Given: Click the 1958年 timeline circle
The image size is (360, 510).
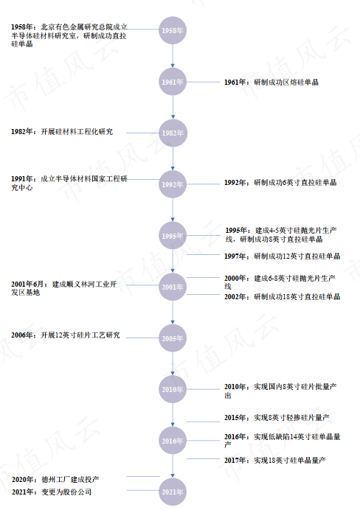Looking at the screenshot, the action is point(173,30).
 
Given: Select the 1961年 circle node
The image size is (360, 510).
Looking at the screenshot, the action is point(173,82).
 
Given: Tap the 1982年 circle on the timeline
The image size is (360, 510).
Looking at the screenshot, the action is point(173,133).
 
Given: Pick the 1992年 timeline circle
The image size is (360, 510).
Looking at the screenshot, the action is point(173,184).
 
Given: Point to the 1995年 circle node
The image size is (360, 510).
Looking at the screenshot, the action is point(173,236).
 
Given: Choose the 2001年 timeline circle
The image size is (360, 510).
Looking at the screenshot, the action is point(173,287).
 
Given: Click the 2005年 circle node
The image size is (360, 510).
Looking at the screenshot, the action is point(173,338).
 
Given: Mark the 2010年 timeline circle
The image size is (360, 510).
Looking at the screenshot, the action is point(173,389).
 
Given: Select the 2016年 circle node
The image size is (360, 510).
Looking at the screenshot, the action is point(173,441).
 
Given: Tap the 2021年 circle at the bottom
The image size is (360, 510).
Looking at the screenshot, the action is point(173,492).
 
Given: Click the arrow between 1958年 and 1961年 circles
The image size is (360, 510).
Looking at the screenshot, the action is point(173,56).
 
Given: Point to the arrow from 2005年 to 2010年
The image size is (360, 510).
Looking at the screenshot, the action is point(173,364).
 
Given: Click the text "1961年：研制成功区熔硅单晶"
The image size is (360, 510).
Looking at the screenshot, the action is point(271,83).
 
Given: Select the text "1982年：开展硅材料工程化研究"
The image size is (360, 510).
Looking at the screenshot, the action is point(62,132).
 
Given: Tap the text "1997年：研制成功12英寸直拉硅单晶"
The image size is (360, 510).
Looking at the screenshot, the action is point(282,256).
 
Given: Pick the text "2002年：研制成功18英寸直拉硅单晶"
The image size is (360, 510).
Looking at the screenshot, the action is point(282,296).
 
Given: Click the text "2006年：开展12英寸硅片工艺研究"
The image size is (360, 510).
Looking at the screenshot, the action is point(66,335).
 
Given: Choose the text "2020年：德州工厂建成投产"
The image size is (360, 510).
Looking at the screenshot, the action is point(55,480).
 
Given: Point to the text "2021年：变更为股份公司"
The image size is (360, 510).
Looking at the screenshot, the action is point(52,492).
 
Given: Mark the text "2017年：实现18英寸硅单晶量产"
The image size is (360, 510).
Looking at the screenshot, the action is point(274,460).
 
